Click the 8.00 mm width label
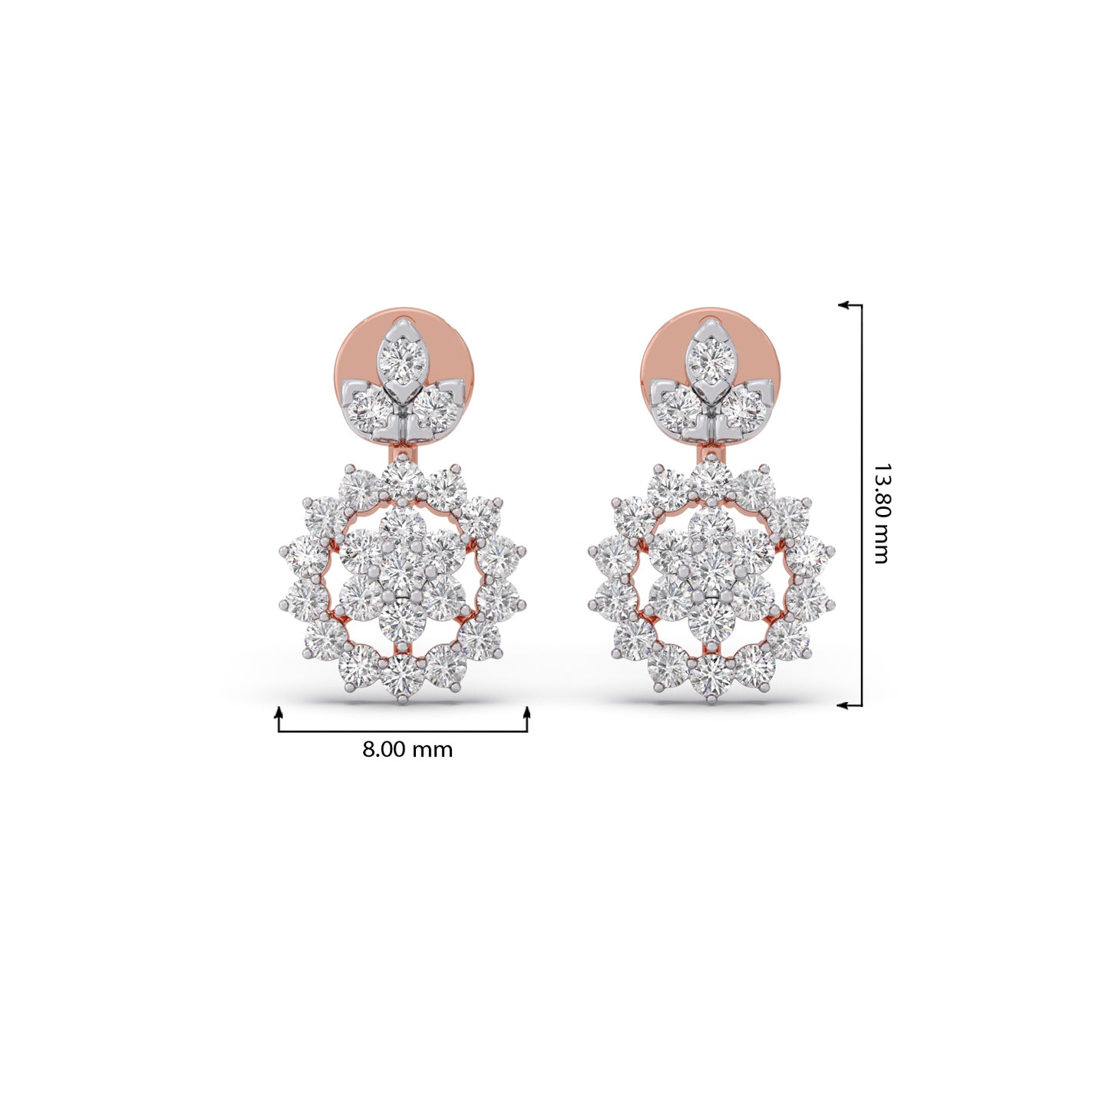point(408,750)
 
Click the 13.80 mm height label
point(882,513)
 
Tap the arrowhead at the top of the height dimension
point(844,305)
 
